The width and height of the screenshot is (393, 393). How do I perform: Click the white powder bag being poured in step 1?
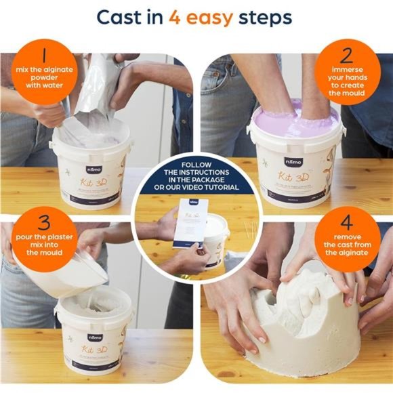[x=95, y=88]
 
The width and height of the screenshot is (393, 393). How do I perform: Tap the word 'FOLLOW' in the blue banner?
[x=196, y=165]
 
